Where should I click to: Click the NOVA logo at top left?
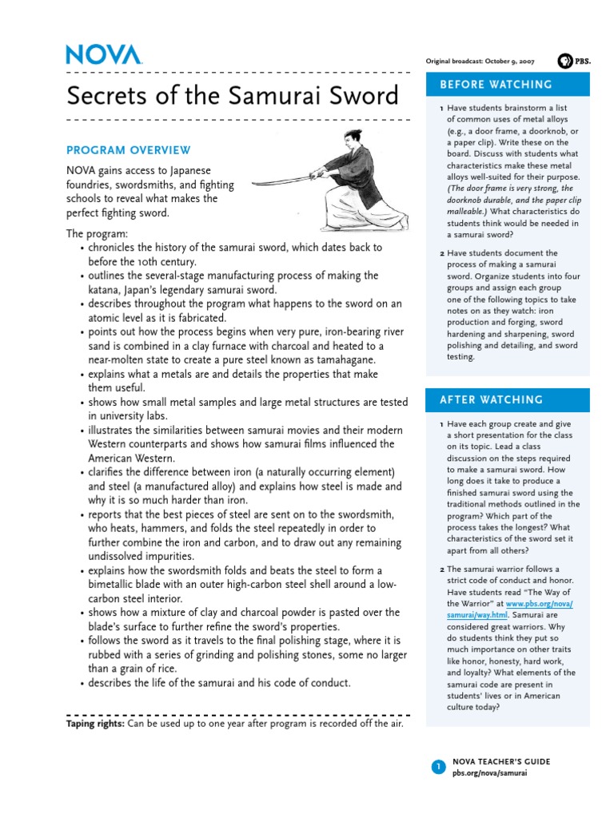click(x=104, y=54)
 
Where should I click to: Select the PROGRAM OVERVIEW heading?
click(x=129, y=150)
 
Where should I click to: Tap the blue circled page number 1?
click(x=438, y=767)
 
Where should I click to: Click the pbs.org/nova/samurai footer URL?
click(x=489, y=773)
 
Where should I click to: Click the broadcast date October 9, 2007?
click(x=508, y=62)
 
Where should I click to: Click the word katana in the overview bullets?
click(x=105, y=290)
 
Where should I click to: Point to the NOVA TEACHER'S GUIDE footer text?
click(x=500, y=762)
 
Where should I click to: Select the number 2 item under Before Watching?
click(x=442, y=253)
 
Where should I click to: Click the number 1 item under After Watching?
click(x=442, y=424)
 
